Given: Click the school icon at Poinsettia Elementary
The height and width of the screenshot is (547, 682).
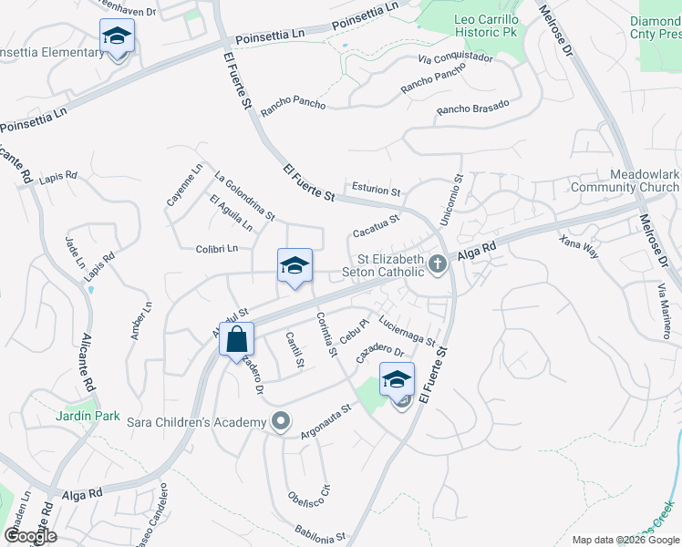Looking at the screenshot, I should click(117, 36).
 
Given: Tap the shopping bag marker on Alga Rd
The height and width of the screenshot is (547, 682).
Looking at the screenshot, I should click(236, 339).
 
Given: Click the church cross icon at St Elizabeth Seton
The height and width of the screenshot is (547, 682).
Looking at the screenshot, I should click(438, 264).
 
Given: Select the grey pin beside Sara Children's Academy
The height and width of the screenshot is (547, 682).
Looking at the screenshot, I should click(281, 421).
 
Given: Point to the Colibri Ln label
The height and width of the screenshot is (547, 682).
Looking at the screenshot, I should click(216, 248).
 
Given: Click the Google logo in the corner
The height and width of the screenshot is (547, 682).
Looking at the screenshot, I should click(29, 536).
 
